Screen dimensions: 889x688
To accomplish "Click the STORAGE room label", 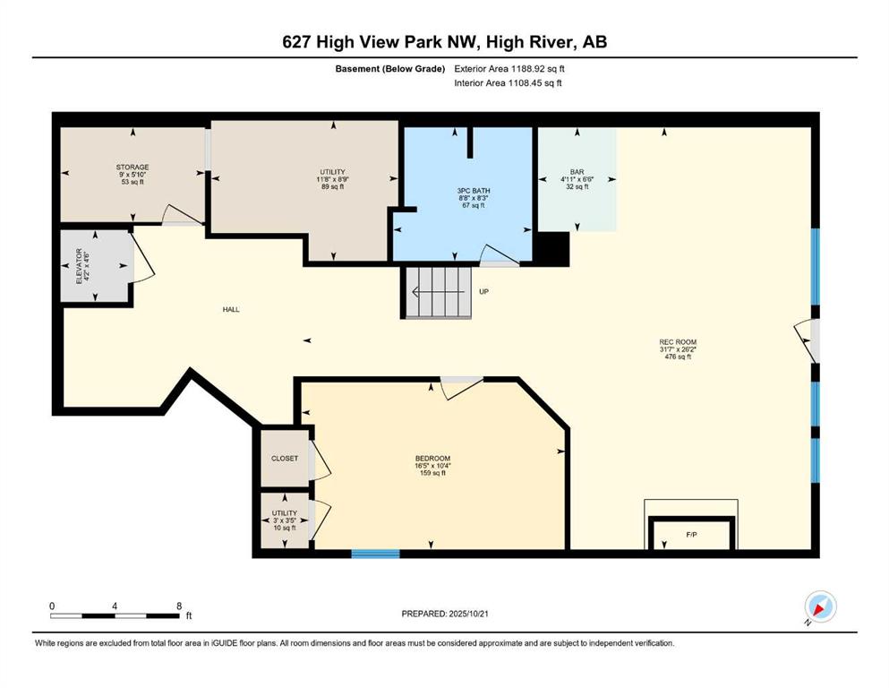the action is click(x=132, y=168).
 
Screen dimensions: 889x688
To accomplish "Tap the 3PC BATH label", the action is click(x=474, y=191).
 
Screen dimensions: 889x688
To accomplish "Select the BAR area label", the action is click(x=577, y=172).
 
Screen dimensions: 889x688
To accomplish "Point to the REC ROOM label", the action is click(x=678, y=342).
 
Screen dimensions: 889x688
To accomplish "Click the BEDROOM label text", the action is click(x=432, y=459).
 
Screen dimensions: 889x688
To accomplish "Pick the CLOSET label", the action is click(x=285, y=459).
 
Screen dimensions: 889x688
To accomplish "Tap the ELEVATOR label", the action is click(x=80, y=266).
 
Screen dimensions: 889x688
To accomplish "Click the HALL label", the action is click(x=231, y=310).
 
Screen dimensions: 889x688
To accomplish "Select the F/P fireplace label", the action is click(x=691, y=535).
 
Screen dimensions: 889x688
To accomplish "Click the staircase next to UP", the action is click(x=437, y=292).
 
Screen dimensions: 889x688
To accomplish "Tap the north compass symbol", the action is click(x=820, y=606).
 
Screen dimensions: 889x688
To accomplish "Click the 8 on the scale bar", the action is click(x=179, y=606).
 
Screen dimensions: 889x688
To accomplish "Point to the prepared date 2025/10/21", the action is click(x=468, y=614).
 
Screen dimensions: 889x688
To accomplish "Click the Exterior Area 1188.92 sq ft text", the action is click(x=509, y=69).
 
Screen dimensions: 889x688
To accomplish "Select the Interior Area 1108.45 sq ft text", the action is click(x=508, y=82).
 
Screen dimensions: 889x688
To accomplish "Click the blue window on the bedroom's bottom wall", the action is click(x=375, y=554).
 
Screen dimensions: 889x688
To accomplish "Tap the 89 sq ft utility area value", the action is click(x=333, y=186).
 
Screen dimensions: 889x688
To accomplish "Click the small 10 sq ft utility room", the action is click(x=285, y=520).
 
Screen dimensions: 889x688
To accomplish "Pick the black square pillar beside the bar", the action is click(x=552, y=249).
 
